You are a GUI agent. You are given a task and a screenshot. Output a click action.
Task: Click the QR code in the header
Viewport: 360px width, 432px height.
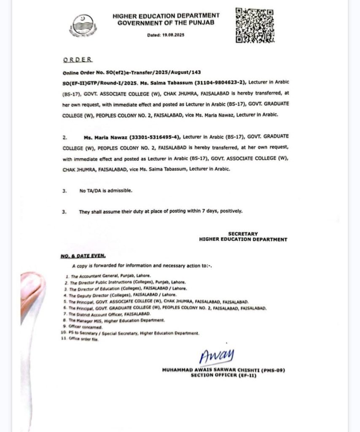pos(255,25)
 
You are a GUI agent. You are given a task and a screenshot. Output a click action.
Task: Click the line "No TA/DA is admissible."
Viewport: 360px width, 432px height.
pos(105,191)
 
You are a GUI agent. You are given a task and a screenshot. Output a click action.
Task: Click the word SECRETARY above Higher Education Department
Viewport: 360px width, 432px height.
pos(243,234)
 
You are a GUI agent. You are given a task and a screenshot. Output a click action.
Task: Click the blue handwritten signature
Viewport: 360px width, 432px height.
pos(217,355)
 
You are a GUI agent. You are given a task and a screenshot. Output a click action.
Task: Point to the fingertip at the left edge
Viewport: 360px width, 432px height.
pos(32,287)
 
